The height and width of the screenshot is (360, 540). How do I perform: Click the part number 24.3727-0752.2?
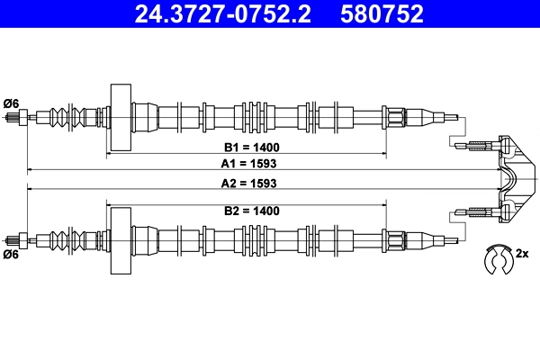pyautogui.click(x=213, y=13)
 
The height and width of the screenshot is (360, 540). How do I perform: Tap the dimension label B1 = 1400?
pyautogui.click(x=248, y=146)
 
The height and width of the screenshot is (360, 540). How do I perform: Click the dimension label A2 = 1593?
pyautogui.click(x=248, y=183)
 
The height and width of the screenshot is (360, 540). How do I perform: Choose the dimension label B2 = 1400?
pyautogui.click(x=248, y=211)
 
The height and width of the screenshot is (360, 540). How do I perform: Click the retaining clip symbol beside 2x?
pyautogui.click(x=495, y=258)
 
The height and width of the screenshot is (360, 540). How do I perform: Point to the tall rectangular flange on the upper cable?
pyautogui.click(x=120, y=118)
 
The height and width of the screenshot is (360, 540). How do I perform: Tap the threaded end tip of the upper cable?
pyautogui.click(x=13, y=117)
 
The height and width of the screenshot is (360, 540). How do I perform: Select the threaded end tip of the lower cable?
pyautogui.click(x=13, y=240)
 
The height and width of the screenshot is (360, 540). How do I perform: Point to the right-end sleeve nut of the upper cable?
pyautogui.click(x=397, y=117)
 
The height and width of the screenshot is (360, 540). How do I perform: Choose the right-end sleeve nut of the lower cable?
pyautogui.click(x=397, y=240)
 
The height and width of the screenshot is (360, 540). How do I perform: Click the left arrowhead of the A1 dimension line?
pyautogui.click(x=30, y=169)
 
